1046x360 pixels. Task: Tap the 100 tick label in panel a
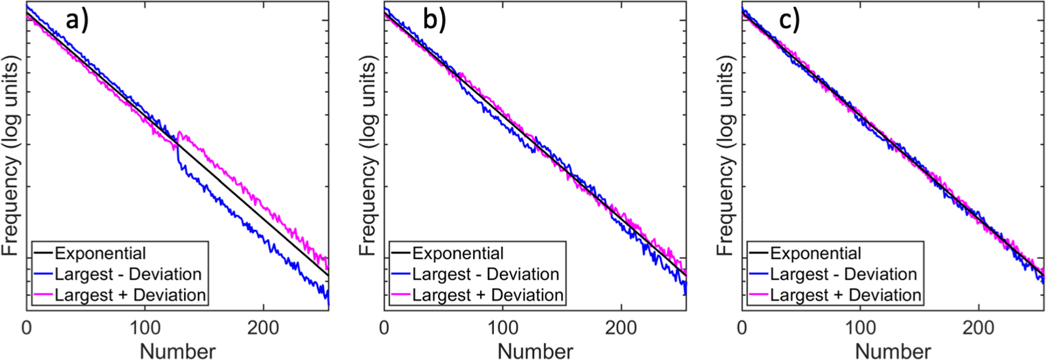click(145, 328)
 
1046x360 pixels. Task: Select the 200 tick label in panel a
click(263, 328)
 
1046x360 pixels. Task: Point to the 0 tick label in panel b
click(384, 328)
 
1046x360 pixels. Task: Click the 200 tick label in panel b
click(621, 328)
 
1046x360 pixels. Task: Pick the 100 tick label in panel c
click(860, 328)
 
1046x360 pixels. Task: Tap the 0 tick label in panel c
click(742, 328)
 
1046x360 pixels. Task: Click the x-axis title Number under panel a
click(178, 351)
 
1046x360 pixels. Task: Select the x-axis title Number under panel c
click(893, 351)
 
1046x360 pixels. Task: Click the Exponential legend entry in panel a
click(100, 253)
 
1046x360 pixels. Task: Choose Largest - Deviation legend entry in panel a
click(128, 274)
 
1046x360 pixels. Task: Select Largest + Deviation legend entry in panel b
click(488, 295)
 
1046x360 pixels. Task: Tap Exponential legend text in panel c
click(815, 253)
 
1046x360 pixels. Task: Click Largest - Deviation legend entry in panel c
click(843, 274)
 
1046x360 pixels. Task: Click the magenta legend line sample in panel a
click(44, 295)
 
